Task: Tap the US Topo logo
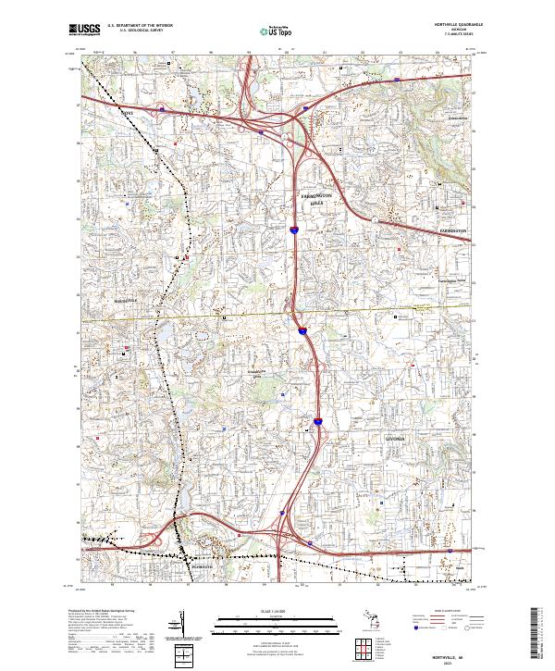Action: pyautogui.click(x=269, y=30)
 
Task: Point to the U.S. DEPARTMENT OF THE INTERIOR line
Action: pyautogui.click(x=140, y=26)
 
